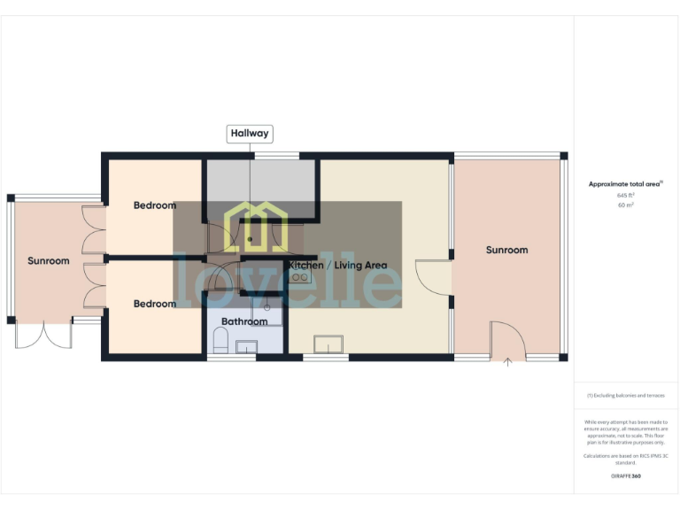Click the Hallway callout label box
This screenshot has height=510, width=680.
click(250, 134)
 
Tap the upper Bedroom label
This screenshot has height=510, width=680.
click(155, 205)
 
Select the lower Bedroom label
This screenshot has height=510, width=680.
click(155, 304)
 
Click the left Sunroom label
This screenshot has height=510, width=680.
click(48, 261)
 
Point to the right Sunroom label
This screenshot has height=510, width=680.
click(506, 250)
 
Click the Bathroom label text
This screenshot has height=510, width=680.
click(244, 321)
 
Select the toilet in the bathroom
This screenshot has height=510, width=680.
click(221, 340)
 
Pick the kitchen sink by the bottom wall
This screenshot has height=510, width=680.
click(327, 344)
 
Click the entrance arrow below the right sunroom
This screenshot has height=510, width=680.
click(507, 361)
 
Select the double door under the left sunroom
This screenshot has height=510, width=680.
click(42, 335)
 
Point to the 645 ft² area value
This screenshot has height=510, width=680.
click(625, 195)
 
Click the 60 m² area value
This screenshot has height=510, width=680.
click(625, 205)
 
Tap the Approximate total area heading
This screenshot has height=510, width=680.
click(625, 184)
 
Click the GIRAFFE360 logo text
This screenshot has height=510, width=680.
click(625, 476)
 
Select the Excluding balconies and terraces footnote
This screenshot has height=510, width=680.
click(625, 396)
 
